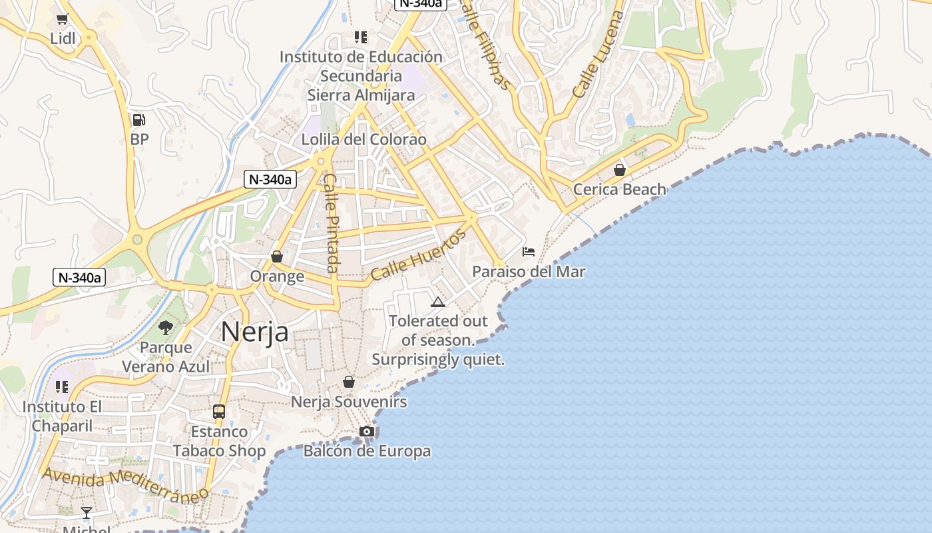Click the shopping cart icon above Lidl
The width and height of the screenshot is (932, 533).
click(63, 19)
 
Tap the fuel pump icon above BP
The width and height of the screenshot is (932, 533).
click(138, 120)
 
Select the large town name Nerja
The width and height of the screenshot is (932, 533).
click(254, 331)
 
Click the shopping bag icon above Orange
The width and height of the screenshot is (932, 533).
click(277, 257)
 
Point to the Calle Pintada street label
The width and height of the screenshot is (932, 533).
click(332, 223)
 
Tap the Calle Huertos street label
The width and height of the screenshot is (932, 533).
click(419, 256)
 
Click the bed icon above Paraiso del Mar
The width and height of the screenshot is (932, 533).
click(529, 252)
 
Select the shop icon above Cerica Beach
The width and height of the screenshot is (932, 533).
click(620, 170)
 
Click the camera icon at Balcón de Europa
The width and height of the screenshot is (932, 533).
click(367, 432)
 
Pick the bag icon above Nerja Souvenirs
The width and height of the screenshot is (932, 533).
click(348, 382)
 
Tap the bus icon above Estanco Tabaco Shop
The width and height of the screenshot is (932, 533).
click(219, 411)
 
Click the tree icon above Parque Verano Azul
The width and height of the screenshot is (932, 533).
click(166, 327)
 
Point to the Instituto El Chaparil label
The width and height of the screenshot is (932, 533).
click(63, 416)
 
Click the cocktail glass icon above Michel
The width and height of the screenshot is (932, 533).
click(87, 512)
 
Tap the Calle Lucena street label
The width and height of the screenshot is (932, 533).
click(598, 55)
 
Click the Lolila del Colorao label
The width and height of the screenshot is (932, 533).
click(363, 140)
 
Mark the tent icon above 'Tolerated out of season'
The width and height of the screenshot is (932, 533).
click(437, 302)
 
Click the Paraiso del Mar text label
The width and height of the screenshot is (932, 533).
click(529, 272)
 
